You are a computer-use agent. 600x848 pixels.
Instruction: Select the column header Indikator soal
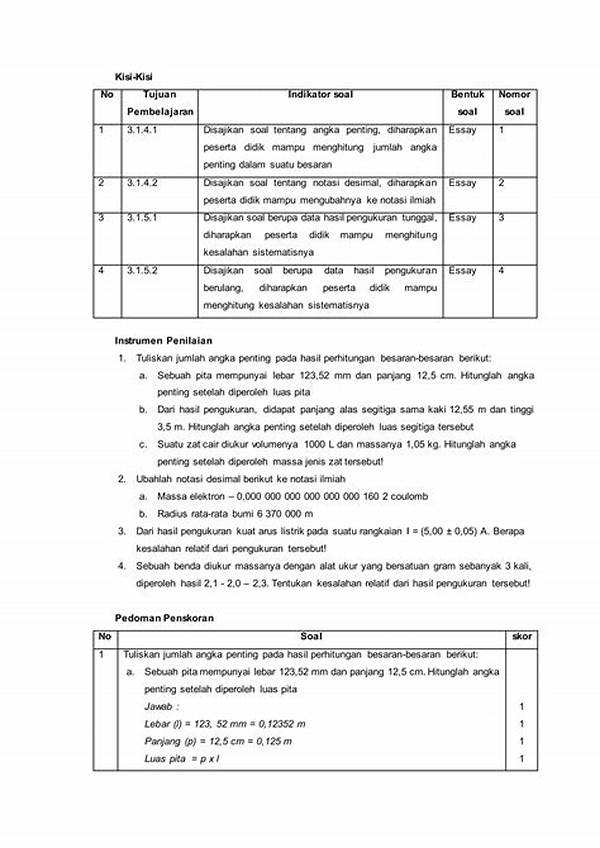coord(320,95)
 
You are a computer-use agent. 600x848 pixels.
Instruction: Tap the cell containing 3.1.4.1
coord(143,130)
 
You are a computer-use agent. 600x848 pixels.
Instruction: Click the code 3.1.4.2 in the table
coord(143,183)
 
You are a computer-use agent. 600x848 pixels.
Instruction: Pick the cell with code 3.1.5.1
coord(143,218)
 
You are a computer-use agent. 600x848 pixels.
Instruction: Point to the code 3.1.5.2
coord(143,270)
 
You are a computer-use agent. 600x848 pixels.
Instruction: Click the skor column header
coord(520,636)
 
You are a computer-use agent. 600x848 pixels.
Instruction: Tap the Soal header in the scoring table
coord(312,636)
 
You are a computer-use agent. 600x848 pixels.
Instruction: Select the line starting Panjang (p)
coord(218,741)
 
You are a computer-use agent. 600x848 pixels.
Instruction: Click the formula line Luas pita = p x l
coord(182,759)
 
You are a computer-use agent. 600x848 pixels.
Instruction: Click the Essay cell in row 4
coord(463,270)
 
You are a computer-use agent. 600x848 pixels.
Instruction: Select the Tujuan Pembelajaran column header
coord(161,103)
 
